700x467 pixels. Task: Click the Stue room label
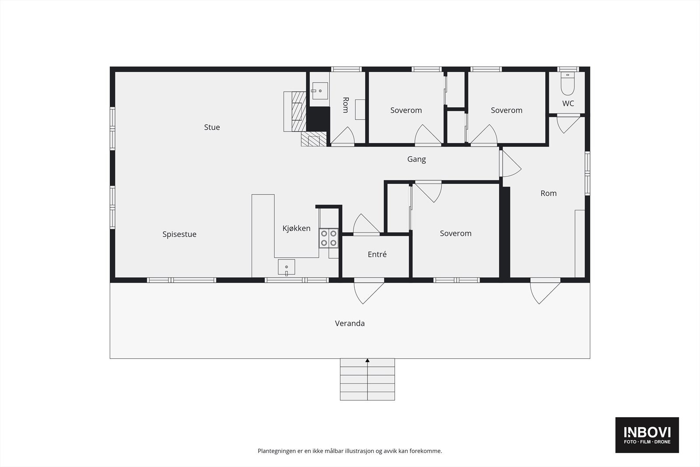tap(212, 127)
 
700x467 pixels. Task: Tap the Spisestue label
tap(179, 234)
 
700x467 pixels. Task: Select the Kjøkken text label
tap(296, 228)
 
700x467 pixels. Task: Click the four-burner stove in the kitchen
tap(329, 238)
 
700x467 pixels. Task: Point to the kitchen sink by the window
tap(287, 267)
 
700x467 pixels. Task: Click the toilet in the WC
tap(567, 84)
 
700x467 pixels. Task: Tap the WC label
tap(568, 104)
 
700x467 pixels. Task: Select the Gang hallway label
tap(416, 159)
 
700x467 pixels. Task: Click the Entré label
tap(377, 254)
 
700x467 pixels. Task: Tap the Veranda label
tap(350, 323)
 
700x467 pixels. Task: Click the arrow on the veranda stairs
tap(367, 361)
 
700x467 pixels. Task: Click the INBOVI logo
tap(647, 435)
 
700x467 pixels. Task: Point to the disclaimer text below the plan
tap(350, 451)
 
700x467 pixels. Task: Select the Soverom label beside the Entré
tap(455, 234)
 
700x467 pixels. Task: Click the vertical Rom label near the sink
tap(345, 105)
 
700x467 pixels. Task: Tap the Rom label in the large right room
tap(548, 193)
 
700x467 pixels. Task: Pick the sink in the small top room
tap(319, 91)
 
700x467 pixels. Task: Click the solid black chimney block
tap(318, 119)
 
